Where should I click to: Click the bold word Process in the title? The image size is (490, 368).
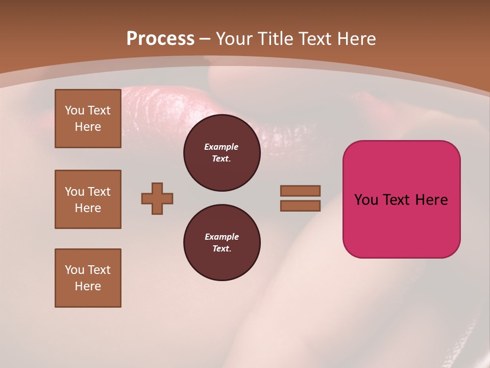[x=160, y=38]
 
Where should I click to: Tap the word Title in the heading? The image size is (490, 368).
[x=275, y=38]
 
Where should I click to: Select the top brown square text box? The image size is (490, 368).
[x=88, y=119]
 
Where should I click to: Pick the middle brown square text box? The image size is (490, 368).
[x=88, y=199]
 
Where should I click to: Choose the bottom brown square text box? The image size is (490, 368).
[x=88, y=278]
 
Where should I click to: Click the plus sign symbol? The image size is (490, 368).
[x=157, y=198]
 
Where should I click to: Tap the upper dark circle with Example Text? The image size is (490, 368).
[x=222, y=152]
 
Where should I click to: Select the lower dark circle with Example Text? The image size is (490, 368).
[x=222, y=242]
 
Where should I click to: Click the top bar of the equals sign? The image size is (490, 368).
[x=300, y=191]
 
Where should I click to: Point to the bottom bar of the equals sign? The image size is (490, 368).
[x=300, y=205]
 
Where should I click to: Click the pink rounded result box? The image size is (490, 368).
[x=401, y=225]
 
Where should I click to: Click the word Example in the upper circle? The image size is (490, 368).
[x=222, y=147]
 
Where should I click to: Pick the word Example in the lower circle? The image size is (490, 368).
[x=222, y=237]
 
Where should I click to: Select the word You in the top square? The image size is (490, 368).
[x=75, y=110]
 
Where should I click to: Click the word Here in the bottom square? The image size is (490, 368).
[x=88, y=286]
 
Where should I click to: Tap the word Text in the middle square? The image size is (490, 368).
[x=99, y=192]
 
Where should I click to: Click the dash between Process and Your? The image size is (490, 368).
[x=205, y=38]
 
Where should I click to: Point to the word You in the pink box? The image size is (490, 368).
[x=365, y=200]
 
